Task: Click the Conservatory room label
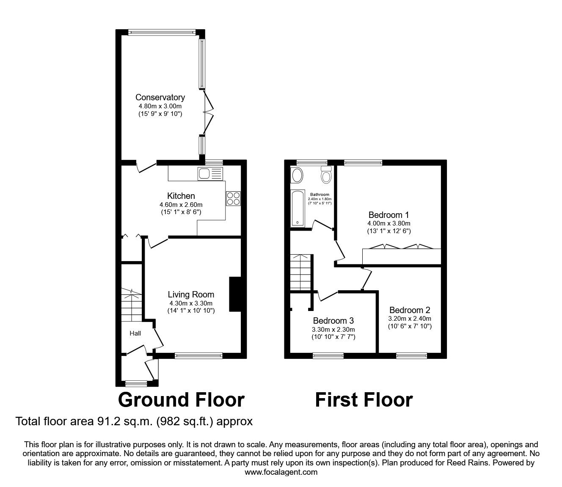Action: coord(160,97)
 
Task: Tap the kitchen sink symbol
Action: coord(209,173)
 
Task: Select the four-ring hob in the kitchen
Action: coord(233,198)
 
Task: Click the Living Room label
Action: coord(191,294)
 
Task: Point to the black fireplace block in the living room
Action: coord(234,294)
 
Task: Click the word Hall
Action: coord(135,333)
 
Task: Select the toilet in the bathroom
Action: coord(326,174)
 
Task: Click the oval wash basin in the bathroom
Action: coord(297,175)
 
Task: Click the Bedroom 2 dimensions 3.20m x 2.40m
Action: coord(410,319)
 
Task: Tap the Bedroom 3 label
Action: coord(333,321)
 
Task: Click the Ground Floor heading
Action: coord(181,400)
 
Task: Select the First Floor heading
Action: coord(364,400)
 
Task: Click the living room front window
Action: coord(198,356)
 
